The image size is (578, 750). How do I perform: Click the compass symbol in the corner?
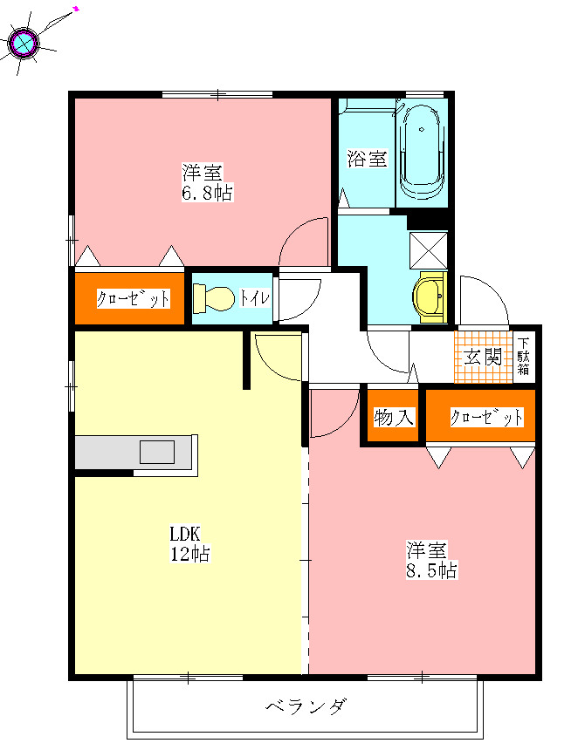pos(24,43)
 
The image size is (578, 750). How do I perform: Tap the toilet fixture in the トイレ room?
pos(214,298)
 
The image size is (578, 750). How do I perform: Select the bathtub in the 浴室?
pos(421,152)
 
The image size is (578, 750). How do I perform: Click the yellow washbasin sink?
pos(430,297)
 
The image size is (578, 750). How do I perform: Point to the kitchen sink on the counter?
pos(156,452)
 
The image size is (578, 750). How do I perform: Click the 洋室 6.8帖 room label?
pos(207,182)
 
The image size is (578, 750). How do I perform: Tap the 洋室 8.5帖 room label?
pos(431,560)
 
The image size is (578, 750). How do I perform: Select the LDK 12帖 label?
pos(190,544)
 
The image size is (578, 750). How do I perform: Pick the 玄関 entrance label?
pos(483,357)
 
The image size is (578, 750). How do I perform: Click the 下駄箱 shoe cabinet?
pos(523,357)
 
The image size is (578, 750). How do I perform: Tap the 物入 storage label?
pos(393,418)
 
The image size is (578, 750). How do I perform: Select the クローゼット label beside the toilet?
pos(133,298)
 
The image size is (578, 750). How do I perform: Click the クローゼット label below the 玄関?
pos(486,417)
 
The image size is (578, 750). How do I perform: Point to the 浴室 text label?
pos(367,159)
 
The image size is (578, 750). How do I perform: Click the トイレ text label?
pos(255,298)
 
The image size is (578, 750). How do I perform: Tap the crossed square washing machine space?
pos(428,250)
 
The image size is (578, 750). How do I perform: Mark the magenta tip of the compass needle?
pos(76,8)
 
